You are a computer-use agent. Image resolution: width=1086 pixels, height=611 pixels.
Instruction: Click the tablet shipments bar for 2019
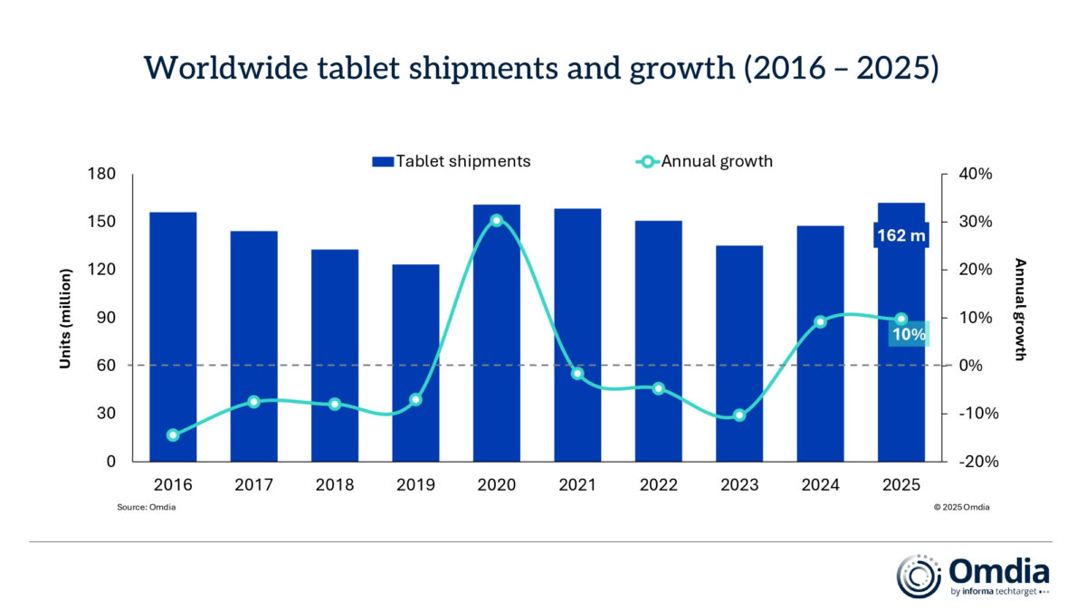click(415, 362)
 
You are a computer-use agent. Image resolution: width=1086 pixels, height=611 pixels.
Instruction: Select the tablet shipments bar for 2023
click(739, 353)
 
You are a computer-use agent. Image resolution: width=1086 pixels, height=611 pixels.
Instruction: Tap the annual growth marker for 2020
click(496, 221)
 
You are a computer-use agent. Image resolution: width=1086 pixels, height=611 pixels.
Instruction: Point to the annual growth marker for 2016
click(173, 435)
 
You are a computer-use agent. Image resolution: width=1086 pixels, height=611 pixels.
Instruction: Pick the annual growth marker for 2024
click(820, 321)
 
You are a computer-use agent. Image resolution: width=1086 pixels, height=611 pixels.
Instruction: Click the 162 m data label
click(900, 236)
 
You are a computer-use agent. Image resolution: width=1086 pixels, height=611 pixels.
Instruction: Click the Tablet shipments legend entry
click(451, 161)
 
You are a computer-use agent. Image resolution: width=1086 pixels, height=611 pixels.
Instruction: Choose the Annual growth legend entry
click(705, 161)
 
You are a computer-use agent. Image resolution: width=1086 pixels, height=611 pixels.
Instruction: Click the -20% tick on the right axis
click(975, 461)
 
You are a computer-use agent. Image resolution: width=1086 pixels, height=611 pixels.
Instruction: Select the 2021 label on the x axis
click(576, 485)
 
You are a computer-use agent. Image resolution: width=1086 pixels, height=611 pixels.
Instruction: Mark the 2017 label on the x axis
click(253, 485)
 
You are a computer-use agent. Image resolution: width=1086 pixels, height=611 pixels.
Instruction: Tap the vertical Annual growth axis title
click(1020, 310)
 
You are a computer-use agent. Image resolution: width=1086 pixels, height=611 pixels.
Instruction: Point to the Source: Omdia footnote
click(147, 508)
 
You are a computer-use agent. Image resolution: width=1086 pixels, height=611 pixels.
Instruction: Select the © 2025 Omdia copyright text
click(961, 508)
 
